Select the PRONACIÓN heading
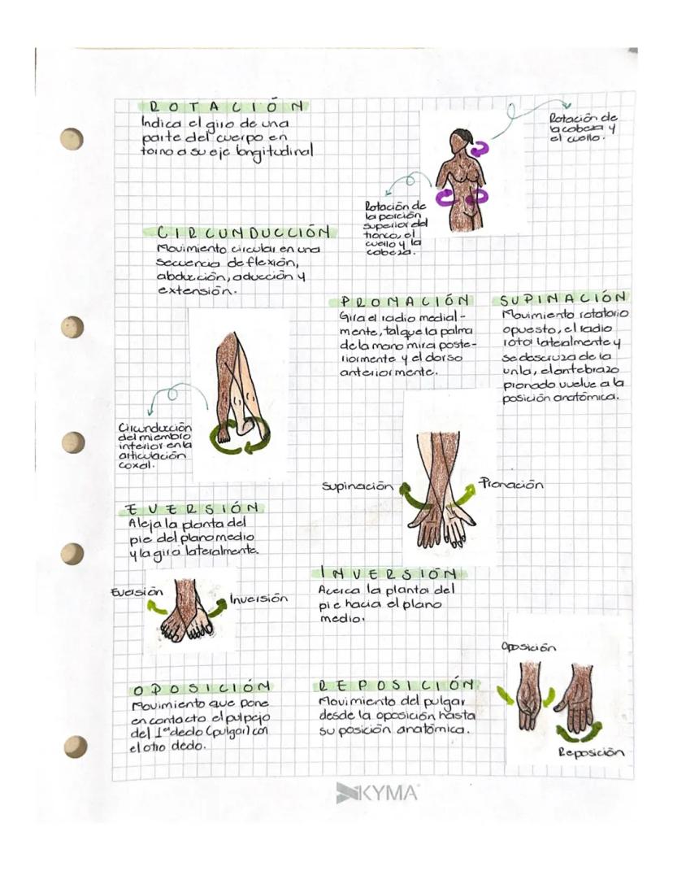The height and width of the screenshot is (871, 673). pos(407,301)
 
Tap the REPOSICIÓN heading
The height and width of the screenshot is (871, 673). pos(395,685)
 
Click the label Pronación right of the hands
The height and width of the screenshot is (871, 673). pos(510,483)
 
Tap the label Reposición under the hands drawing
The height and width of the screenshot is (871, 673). pos(590,753)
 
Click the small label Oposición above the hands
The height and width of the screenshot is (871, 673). pos(529,647)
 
